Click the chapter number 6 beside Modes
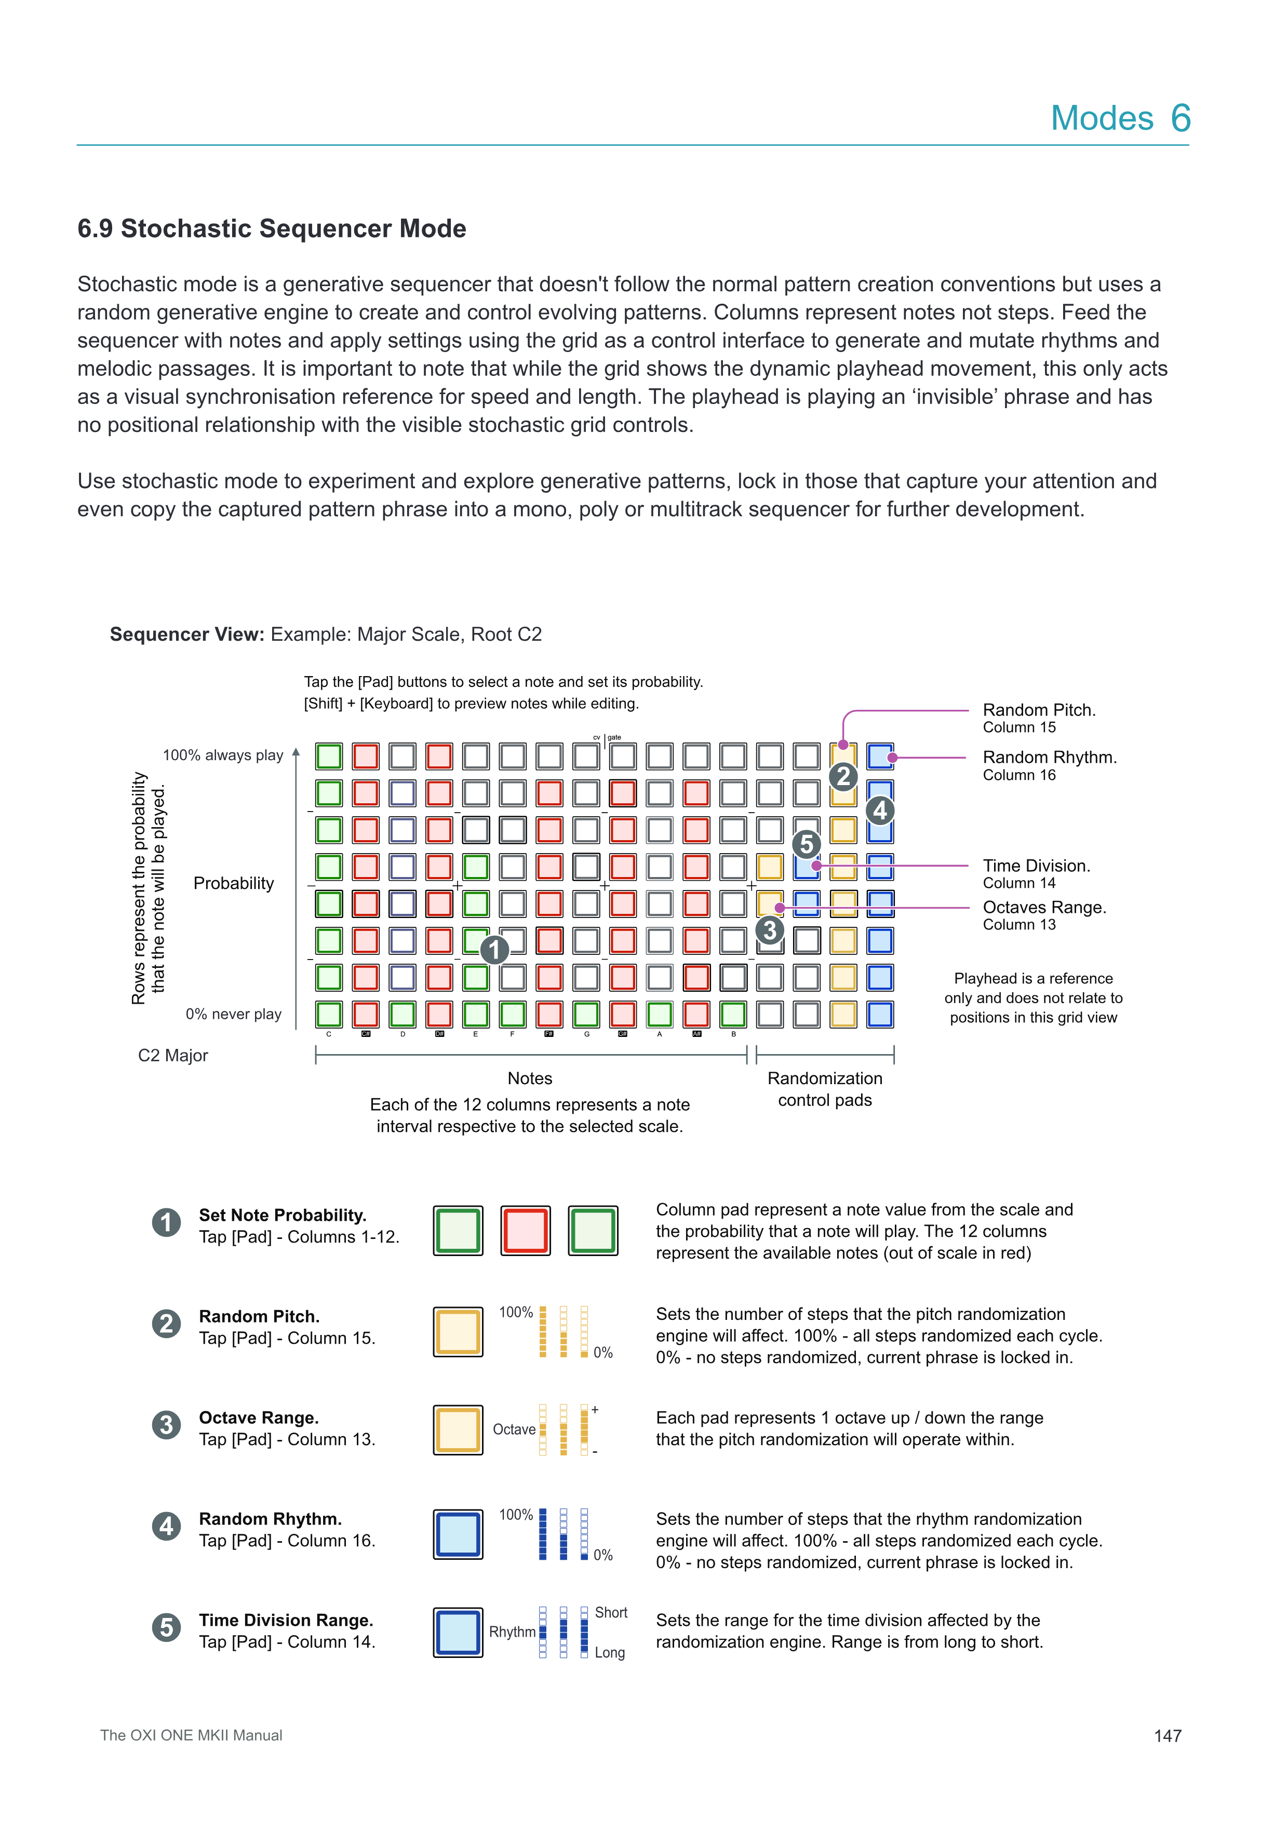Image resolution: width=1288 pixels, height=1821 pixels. coord(1180,118)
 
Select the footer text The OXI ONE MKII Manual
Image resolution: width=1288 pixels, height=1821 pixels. coord(191,1735)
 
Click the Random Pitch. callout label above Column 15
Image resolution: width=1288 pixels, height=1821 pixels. coord(1039,710)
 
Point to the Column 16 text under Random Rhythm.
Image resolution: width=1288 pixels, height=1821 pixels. coord(1019,775)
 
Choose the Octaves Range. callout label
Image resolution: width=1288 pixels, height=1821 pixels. coord(1044,907)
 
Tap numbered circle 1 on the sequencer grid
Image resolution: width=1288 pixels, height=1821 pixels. coord(494,949)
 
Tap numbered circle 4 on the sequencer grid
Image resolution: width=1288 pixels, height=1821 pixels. coord(880,811)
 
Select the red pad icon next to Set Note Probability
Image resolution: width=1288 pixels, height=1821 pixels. coord(525,1231)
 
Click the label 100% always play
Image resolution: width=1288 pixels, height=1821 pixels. coord(223,755)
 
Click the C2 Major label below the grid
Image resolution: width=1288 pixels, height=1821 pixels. coord(173,1056)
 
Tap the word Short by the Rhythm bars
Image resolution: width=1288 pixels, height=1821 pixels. coord(611,1612)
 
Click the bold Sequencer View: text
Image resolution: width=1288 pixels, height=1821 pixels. coord(187,635)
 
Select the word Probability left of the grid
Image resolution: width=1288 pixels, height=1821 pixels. coord(233,884)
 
